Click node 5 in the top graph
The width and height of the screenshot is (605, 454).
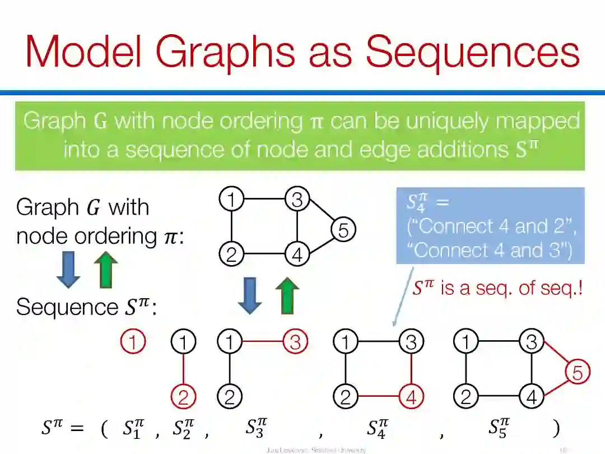(x=343, y=230)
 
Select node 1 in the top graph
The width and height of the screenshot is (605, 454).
(x=231, y=199)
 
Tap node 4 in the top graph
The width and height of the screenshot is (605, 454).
(x=297, y=255)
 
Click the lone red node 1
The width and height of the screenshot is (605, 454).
(x=133, y=341)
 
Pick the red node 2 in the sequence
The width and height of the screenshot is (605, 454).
(x=183, y=397)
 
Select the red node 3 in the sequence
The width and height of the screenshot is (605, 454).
(x=295, y=341)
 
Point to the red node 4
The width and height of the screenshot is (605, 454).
(x=411, y=397)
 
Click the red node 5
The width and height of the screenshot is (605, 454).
(x=577, y=372)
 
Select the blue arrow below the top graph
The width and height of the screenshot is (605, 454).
(x=250, y=296)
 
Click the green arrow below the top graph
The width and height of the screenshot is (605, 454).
(x=287, y=296)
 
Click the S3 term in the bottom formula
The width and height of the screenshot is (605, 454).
(x=256, y=429)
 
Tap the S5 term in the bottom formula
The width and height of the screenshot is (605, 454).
(x=499, y=429)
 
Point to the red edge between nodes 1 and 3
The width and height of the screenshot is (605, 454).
(x=262, y=341)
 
